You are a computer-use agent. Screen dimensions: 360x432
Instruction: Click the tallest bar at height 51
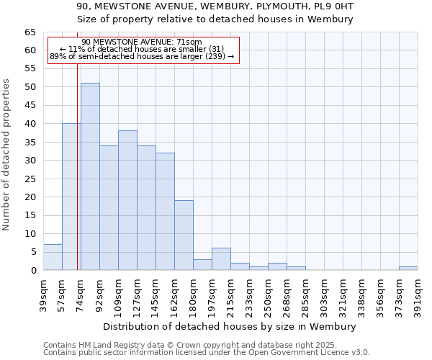pyautogui.click(x=90, y=176)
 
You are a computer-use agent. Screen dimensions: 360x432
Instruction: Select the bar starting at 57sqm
pyautogui.click(x=71, y=197)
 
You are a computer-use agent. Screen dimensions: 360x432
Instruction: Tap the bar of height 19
pyautogui.click(x=184, y=235)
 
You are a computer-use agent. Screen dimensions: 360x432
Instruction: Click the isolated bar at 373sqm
pyautogui.click(x=408, y=268)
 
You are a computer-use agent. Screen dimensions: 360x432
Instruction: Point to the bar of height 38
pyautogui.click(x=127, y=200)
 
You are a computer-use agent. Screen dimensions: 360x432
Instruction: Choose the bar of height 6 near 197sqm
pyautogui.click(x=221, y=259)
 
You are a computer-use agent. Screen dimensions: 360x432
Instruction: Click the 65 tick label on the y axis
pyautogui.click(x=30, y=32)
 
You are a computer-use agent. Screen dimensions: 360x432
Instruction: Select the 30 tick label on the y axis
pyautogui.click(x=30, y=161)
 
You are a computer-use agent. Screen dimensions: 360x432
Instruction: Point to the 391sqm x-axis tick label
pyautogui.click(x=418, y=294)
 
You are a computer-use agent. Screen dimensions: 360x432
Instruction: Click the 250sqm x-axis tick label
pyautogui.click(x=269, y=294)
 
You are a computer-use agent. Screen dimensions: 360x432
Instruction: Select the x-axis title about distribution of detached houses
pyautogui.click(x=230, y=326)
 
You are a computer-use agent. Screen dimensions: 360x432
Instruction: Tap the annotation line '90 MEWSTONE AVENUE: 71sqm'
pyautogui.click(x=142, y=42)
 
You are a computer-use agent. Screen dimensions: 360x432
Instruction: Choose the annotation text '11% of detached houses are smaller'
pyautogui.click(x=142, y=49)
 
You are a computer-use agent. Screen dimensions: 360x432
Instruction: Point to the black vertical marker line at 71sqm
pyautogui.click(x=77, y=180)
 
